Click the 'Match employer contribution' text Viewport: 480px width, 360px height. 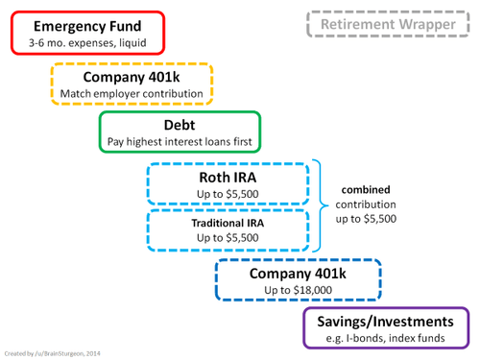coord(132,94)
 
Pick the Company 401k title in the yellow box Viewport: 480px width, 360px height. coord(132,77)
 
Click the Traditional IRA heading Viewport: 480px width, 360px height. coord(228,223)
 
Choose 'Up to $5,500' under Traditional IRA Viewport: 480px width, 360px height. coord(228,237)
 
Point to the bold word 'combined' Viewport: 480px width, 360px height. coord(369,189)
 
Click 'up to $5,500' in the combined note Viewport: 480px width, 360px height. coord(369,220)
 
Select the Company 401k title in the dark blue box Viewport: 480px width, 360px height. coord(298,274)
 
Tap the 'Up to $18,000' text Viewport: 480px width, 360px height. coord(298,291)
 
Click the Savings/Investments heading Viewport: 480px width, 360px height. coord(386,321)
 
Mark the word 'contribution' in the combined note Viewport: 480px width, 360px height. coord(369,204)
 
